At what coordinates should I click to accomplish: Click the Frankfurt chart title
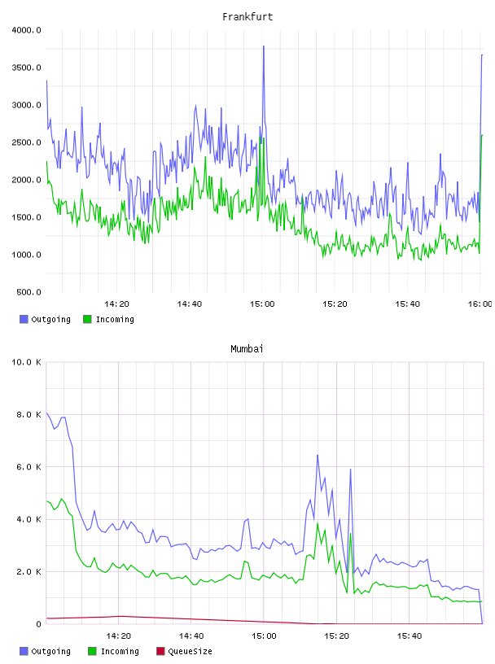click(247, 17)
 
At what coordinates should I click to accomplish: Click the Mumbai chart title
click(247, 349)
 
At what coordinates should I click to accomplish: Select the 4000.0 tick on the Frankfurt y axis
click(26, 30)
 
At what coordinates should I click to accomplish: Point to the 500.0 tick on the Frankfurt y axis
click(28, 292)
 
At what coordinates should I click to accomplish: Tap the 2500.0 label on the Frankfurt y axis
click(26, 142)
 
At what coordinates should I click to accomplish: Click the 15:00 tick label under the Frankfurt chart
click(262, 304)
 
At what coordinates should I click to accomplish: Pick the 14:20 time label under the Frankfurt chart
click(116, 304)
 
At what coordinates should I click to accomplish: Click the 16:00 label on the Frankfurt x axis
click(480, 304)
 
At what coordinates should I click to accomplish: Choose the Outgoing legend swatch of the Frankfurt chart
click(24, 319)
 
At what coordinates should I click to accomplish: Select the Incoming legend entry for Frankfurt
click(109, 319)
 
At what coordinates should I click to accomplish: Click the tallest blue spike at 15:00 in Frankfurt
click(264, 46)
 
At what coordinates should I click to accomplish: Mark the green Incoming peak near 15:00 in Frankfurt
click(264, 138)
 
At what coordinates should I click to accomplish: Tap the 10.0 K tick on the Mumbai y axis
click(26, 362)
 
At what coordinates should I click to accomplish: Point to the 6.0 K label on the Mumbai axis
click(28, 467)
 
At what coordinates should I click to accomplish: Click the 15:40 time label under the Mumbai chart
click(410, 636)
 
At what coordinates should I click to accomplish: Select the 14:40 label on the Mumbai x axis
click(191, 636)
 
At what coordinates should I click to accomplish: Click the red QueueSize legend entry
click(184, 651)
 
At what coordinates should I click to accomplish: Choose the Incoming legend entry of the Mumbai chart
click(114, 651)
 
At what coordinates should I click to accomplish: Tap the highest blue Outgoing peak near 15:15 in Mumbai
click(318, 456)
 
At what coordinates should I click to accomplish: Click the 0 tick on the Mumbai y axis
click(38, 624)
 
